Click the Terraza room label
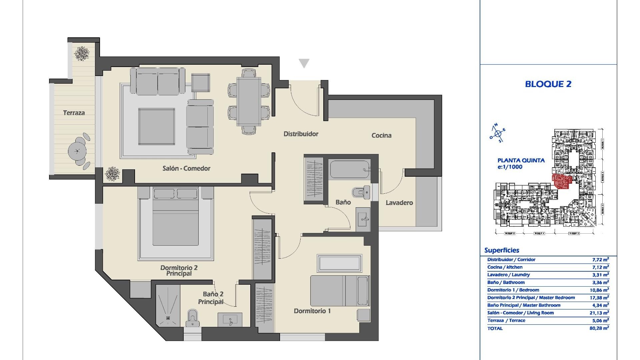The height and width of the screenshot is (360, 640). tap(74, 113)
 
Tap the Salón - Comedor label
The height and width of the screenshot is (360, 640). tap(186, 168)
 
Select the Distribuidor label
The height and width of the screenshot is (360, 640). tap(301, 134)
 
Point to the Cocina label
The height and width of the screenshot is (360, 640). tap(381, 135)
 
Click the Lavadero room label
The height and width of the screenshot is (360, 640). tap(399, 203)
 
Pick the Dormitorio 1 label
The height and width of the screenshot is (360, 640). tap(312, 311)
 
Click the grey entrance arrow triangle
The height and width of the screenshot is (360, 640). tap(304, 63)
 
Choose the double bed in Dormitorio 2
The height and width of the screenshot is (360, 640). tap(175, 222)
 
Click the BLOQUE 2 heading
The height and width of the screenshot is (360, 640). tap(548, 84)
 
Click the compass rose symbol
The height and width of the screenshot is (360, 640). tap(498, 133)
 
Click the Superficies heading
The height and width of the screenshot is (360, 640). tap(502, 250)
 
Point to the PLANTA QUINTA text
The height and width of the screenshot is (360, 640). tap(521, 160)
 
